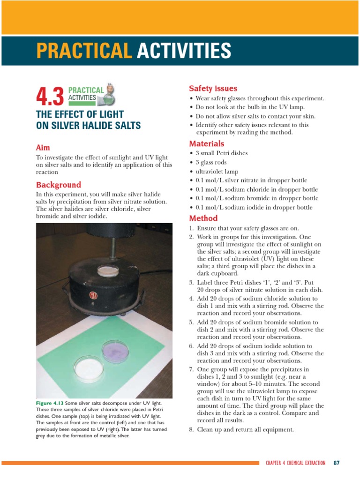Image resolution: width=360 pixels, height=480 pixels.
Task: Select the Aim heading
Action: point(43,147)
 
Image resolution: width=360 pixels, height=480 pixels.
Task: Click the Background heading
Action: point(59,185)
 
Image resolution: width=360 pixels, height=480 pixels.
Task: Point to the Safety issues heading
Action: point(213,89)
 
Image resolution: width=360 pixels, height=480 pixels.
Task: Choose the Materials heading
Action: point(207,143)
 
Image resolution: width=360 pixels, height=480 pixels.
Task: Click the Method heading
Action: point(203,218)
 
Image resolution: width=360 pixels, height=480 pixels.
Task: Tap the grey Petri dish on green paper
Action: point(116,350)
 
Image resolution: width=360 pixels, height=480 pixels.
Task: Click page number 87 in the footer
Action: point(336,463)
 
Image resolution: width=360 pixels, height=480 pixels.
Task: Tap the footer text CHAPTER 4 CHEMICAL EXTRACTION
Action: point(295,463)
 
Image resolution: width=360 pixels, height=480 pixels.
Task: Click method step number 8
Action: point(191,429)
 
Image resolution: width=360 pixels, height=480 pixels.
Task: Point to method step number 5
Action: point(191,322)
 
